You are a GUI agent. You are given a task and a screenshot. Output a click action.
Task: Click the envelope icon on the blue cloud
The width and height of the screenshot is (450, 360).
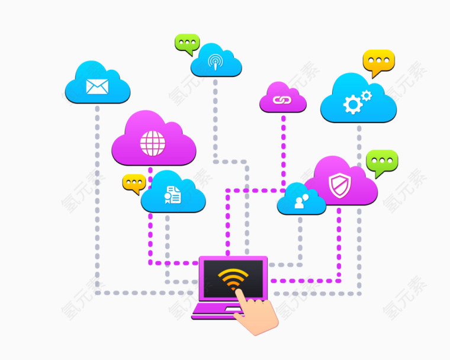click(x=97, y=87)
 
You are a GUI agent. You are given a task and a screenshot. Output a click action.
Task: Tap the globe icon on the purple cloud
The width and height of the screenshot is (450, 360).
click(x=153, y=143)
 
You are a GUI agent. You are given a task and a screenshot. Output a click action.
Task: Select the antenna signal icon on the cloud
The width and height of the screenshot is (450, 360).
click(x=216, y=62)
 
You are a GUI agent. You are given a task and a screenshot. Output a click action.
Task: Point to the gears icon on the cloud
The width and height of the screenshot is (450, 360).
click(x=356, y=102)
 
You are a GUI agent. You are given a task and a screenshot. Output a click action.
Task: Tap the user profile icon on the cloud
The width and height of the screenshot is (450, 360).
click(x=301, y=202)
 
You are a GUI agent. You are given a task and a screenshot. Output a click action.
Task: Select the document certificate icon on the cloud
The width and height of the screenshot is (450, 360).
click(x=172, y=195)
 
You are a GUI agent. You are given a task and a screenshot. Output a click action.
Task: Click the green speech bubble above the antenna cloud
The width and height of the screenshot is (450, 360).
click(x=188, y=43)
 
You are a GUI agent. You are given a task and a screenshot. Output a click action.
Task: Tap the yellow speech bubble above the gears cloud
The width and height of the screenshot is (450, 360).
click(x=378, y=62)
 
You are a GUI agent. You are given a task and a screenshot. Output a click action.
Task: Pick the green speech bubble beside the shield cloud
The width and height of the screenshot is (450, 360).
click(x=382, y=161)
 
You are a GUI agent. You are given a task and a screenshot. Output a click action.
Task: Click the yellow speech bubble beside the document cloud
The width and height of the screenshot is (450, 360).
click(x=134, y=183)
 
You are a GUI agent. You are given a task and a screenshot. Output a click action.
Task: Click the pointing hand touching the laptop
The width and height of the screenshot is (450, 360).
click(x=257, y=314)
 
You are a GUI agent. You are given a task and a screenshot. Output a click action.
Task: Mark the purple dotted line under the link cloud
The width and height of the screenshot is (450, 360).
click(x=284, y=148)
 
